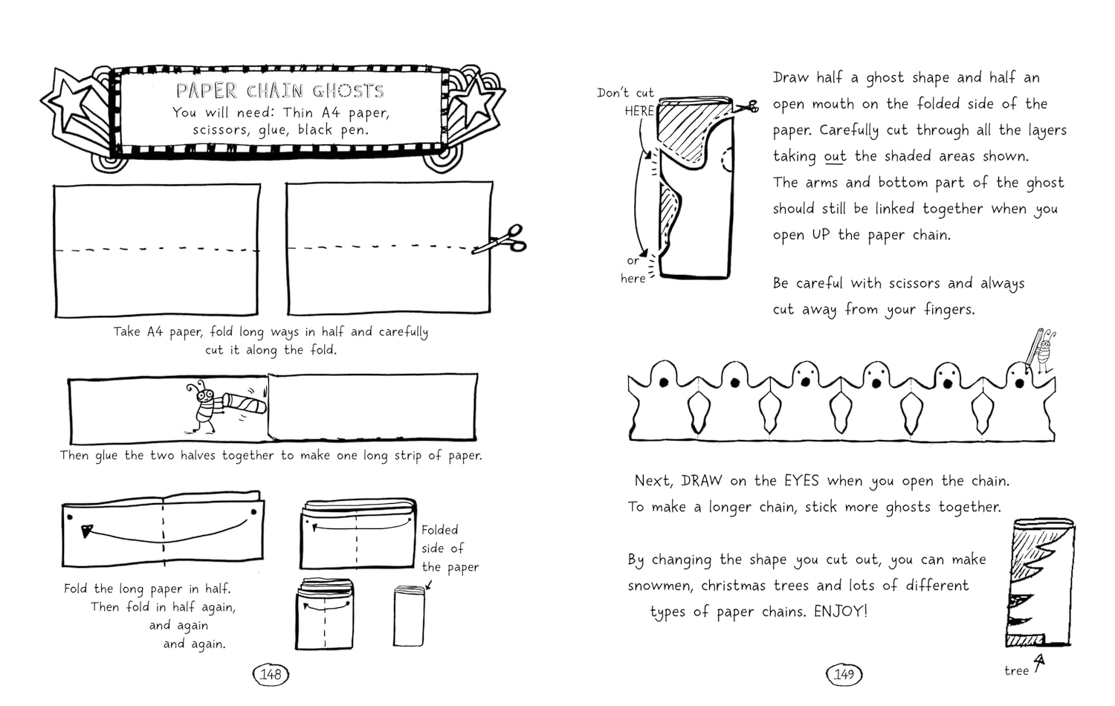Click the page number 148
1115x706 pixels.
tap(271, 674)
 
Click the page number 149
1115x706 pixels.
tap(844, 674)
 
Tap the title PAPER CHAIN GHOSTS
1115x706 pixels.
tap(280, 91)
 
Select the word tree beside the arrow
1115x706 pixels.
tap(1016, 670)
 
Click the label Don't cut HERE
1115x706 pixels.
tap(627, 102)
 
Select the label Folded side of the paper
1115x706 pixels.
tap(449, 548)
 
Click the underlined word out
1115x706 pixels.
tap(835, 156)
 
